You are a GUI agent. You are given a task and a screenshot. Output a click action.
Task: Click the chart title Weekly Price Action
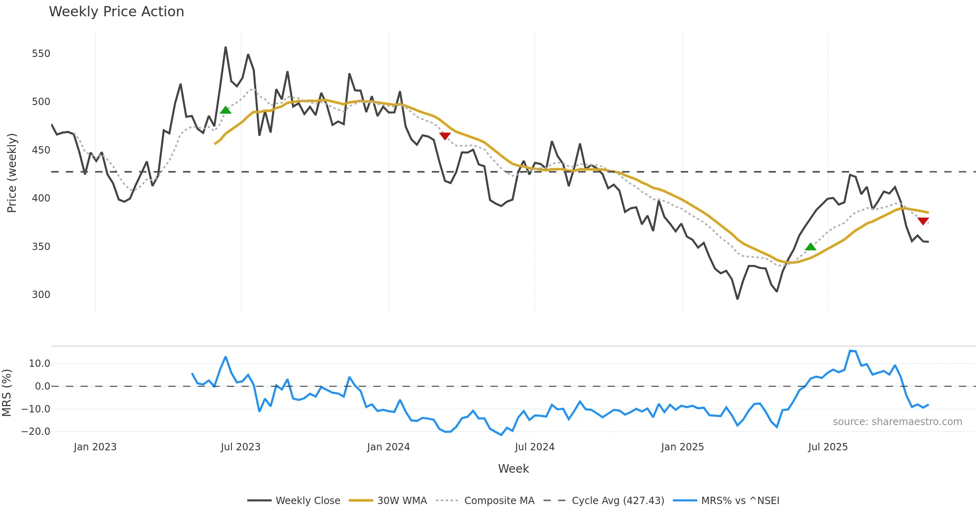pyautogui.click(x=116, y=12)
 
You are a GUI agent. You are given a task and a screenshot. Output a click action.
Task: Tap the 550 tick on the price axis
pyautogui.click(x=41, y=54)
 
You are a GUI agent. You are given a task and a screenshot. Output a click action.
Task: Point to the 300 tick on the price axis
pyautogui.click(x=41, y=295)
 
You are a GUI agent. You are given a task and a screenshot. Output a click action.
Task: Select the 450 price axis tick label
pyautogui.click(x=41, y=150)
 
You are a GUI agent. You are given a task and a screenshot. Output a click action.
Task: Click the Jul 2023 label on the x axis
pyautogui.click(x=240, y=447)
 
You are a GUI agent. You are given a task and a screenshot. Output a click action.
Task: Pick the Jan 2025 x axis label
pyautogui.click(x=682, y=447)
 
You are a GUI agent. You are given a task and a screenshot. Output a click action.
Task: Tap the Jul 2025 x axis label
pyautogui.click(x=828, y=447)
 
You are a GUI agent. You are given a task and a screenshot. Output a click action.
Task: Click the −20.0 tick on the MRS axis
pyautogui.click(x=36, y=432)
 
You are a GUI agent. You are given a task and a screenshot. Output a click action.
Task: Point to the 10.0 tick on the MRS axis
pyautogui.click(x=39, y=364)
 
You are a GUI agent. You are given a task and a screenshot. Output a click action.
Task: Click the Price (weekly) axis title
pyautogui.click(x=12, y=173)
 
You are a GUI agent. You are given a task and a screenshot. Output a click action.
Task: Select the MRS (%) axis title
pyautogui.click(x=7, y=393)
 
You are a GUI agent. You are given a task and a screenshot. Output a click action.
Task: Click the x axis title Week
pyautogui.click(x=513, y=469)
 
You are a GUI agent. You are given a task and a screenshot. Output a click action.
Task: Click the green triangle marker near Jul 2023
pyautogui.click(x=225, y=110)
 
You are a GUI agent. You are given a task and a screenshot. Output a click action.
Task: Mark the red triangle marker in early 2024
pyautogui.click(x=445, y=136)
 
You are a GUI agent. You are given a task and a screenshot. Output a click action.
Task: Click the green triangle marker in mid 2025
pyautogui.click(x=810, y=247)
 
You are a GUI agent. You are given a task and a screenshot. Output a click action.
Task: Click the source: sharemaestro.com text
pyautogui.click(x=897, y=422)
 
